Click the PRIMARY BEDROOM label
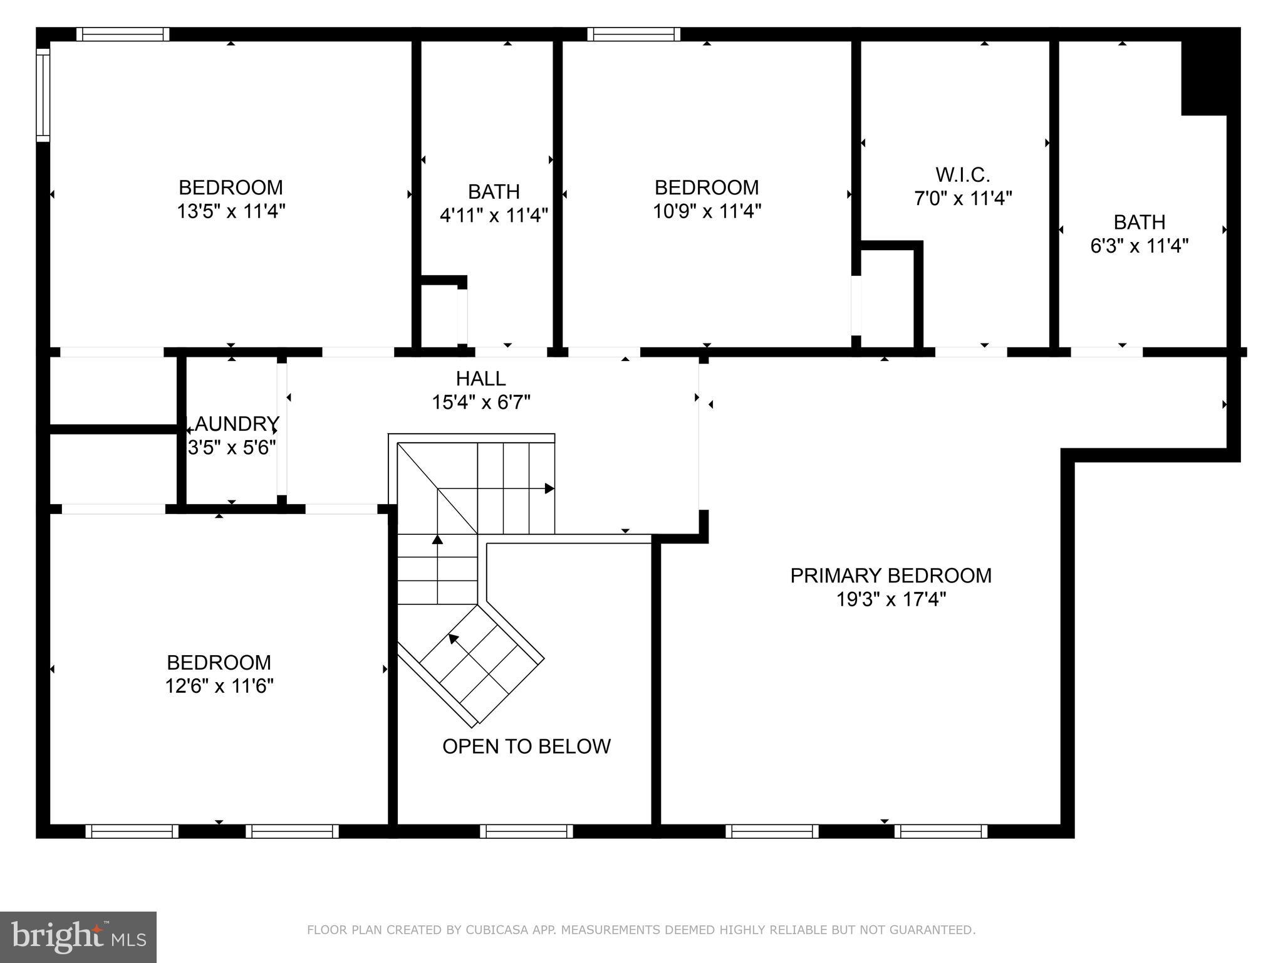(x=890, y=576)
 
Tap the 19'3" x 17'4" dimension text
(x=890, y=600)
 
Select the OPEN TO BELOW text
(x=526, y=746)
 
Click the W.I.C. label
(x=962, y=174)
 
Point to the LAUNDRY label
(x=232, y=424)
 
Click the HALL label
(x=480, y=379)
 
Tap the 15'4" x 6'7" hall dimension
(x=480, y=403)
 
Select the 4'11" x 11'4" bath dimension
(x=494, y=216)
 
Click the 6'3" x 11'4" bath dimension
(x=1139, y=246)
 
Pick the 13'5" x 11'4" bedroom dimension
(x=231, y=211)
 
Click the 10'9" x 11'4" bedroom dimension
(x=707, y=211)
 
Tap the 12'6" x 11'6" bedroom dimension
(x=219, y=687)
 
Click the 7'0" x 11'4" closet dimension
(x=962, y=199)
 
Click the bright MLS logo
(x=78, y=937)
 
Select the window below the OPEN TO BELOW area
(x=526, y=831)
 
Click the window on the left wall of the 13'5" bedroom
(x=43, y=94)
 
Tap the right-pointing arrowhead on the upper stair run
(x=549, y=488)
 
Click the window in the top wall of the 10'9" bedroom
(x=633, y=34)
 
